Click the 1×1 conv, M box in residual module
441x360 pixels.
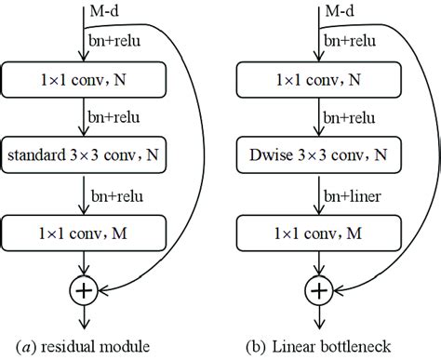(83, 229)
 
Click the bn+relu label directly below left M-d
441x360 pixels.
(118, 42)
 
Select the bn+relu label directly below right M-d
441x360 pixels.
(351, 42)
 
